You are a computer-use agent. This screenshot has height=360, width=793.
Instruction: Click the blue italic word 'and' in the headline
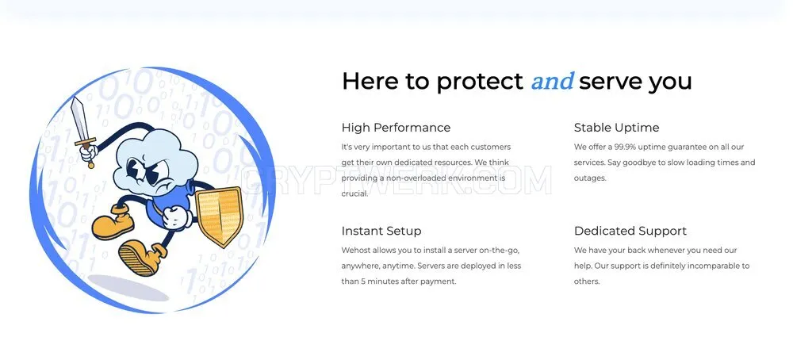[x=552, y=82]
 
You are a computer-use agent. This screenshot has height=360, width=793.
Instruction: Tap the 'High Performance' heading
[x=396, y=128]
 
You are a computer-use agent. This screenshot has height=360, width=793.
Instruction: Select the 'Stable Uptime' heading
[x=616, y=128]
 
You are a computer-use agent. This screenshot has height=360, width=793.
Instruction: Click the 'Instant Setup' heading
[x=381, y=231]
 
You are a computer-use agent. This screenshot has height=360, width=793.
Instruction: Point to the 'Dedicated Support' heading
[x=630, y=231]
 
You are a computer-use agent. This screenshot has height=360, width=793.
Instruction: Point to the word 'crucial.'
[x=354, y=193]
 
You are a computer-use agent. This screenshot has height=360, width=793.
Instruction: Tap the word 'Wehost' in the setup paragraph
[x=356, y=251]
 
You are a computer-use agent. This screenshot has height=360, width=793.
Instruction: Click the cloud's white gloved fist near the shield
[x=174, y=216]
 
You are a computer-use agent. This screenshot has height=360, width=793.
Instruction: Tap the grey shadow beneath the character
[x=128, y=288]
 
